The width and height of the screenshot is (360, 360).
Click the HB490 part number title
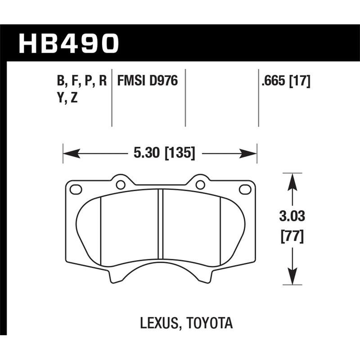coord(68,44)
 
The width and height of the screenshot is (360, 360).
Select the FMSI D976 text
coord(148,81)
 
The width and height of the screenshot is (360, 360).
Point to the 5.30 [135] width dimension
coord(164,154)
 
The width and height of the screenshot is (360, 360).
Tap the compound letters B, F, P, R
coord(81,81)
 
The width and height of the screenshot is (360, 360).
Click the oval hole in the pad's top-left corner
coord(76,189)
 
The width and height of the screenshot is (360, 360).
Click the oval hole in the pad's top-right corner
coord(245,189)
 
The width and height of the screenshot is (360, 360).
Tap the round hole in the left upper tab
coord(120,184)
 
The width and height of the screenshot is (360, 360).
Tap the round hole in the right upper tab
coord(201,184)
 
